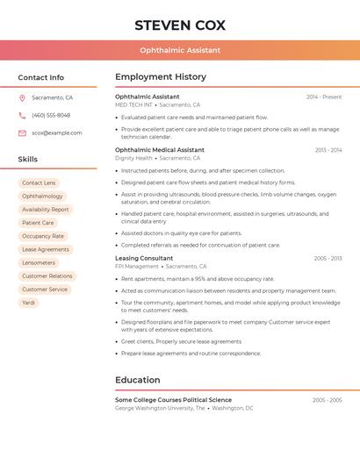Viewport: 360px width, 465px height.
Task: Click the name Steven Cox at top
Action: coord(180,25)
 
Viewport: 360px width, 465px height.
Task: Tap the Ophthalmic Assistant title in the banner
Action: coord(180,50)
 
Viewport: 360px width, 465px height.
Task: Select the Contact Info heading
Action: coord(41,77)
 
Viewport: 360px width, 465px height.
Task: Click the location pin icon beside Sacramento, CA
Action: coord(22,98)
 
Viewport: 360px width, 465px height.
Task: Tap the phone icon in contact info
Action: coord(22,115)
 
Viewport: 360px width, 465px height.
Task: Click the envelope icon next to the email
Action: coord(22,133)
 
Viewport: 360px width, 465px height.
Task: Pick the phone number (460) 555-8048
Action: coord(51,115)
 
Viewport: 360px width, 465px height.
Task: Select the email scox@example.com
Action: coord(56,133)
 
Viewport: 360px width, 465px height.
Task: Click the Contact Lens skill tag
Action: coord(39,182)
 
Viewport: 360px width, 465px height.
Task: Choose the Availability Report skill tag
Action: coord(46,210)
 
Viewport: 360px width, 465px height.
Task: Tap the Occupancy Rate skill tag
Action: coord(43,236)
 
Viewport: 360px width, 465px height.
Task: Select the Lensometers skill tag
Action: coord(39,262)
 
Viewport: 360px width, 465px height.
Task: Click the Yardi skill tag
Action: coord(29,303)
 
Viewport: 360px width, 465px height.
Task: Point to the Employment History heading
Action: coord(161,77)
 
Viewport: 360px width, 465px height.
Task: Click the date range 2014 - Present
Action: coord(324,97)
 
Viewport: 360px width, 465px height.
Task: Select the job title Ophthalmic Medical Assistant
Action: coord(160,150)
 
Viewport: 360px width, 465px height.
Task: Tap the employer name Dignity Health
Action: coord(133,158)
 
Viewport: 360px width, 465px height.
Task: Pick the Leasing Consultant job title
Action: coord(144,259)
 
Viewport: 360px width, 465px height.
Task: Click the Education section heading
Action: coord(138,380)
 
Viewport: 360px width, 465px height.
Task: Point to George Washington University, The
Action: coord(160,408)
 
